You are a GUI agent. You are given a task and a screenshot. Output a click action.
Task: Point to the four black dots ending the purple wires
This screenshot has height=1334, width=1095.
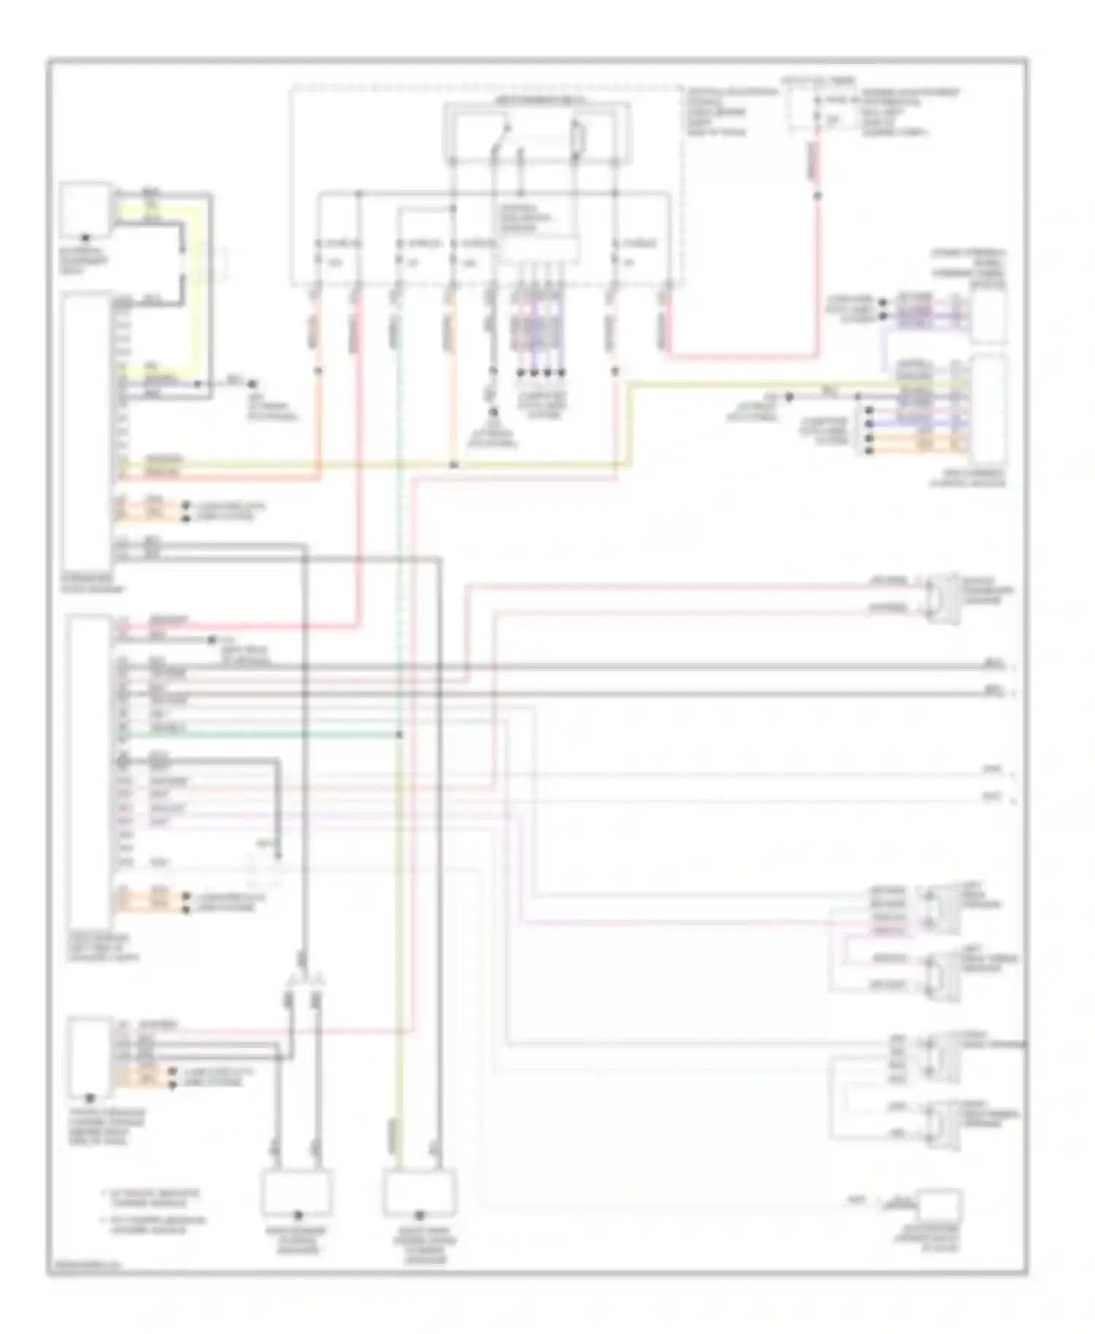tap(540, 373)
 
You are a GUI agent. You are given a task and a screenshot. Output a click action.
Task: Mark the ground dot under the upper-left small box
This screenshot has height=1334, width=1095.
tap(85, 238)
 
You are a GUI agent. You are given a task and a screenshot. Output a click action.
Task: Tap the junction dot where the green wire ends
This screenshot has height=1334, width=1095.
tap(399, 734)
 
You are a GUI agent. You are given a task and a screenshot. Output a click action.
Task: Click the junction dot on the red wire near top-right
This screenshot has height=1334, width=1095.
tap(817, 196)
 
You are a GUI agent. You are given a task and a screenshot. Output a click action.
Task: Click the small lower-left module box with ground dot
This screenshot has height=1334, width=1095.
tap(89, 1055)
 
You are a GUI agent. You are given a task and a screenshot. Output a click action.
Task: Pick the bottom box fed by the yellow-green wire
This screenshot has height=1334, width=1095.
tap(420, 1191)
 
